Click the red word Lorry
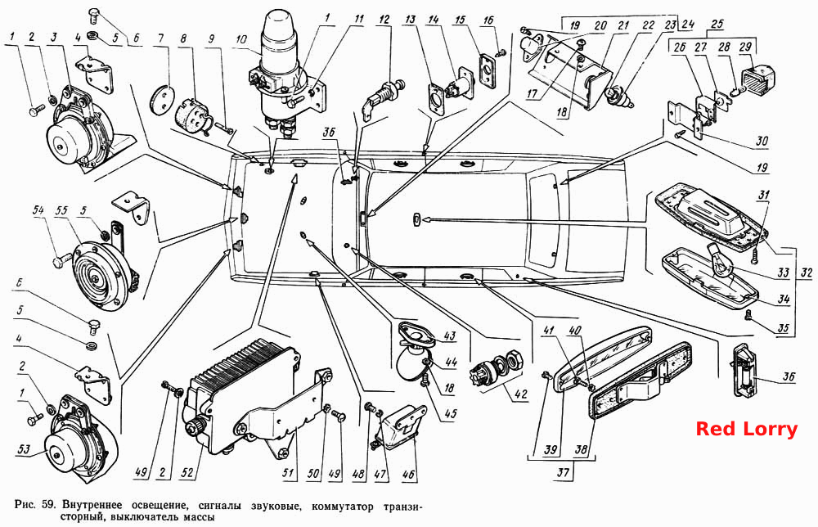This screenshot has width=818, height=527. (x=770, y=429)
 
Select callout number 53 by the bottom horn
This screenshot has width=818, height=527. (x=24, y=448)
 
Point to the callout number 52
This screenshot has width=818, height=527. (x=187, y=473)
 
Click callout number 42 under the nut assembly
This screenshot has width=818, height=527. (x=520, y=394)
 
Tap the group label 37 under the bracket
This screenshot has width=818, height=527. (x=563, y=473)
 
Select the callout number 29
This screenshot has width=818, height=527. (x=745, y=47)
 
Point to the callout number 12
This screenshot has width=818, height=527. (x=384, y=20)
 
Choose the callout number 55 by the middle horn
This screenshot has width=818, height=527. (x=62, y=210)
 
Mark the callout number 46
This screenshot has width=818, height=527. (x=408, y=474)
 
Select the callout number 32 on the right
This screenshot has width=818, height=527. (x=807, y=272)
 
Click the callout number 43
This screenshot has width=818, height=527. (x=450, y=336)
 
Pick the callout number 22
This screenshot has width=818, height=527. (x=649, y=25)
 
